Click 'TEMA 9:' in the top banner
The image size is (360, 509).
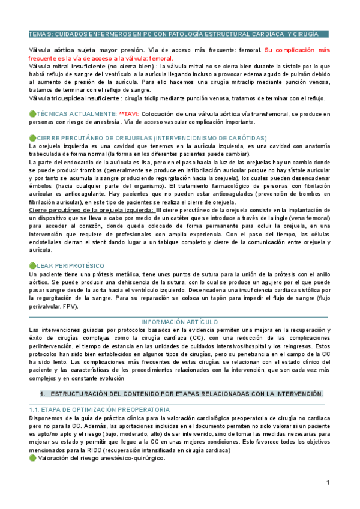point(43,34)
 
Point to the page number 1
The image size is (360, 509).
point(329,483)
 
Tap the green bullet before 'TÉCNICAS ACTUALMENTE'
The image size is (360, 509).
point(32,113)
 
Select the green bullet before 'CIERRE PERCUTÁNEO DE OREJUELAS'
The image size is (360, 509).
point(32,137)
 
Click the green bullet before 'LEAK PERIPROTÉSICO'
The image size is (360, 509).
point(32,265)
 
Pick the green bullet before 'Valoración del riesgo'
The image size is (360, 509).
point(32,457)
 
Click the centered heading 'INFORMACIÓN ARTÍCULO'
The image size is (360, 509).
point(179,322)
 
